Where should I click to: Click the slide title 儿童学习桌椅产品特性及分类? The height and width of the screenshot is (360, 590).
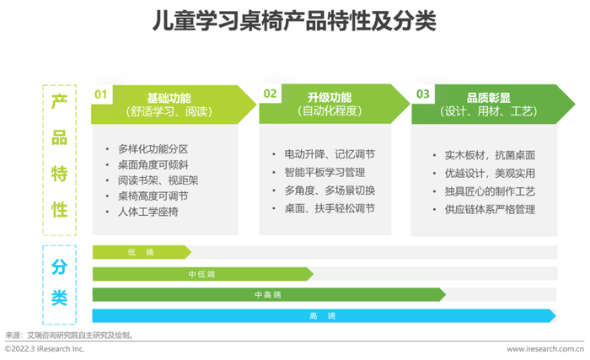294,20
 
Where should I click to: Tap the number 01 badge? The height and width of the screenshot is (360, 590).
101,94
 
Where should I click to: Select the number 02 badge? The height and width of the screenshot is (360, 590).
270,94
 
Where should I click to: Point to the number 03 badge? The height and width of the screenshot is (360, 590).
423,94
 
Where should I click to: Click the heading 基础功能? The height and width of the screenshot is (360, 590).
169,98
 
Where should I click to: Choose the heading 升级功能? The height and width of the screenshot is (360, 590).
330,98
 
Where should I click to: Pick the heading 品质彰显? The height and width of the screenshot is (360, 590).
488,98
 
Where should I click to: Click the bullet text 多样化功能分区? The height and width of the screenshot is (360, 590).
153,149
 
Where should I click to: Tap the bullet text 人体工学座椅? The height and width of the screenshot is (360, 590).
147,212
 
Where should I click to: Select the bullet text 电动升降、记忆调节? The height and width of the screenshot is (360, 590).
330,154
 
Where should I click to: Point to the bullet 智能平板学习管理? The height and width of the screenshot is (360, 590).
324,173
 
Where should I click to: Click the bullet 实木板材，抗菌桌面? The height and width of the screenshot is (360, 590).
490,155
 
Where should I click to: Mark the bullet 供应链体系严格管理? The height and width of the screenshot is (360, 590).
490,209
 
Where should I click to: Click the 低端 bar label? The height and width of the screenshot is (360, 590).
141,252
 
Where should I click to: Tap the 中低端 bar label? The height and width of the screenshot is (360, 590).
201,274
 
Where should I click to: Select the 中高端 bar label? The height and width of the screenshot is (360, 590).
267,295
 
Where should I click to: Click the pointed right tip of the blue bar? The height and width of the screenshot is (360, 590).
555,315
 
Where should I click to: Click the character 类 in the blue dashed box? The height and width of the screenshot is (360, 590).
60,298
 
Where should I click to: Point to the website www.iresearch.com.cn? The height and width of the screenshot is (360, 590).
545,349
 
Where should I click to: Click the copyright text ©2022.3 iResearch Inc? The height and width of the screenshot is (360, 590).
45,349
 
